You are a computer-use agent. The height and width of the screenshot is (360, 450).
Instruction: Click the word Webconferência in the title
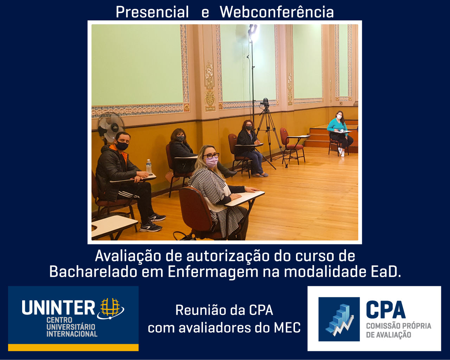pos(276,12)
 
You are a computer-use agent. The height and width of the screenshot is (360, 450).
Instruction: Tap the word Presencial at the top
pos(152,12)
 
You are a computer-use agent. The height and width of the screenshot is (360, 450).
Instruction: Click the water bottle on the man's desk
pos(149,166)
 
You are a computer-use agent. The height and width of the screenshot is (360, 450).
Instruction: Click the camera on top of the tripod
pos(265,103)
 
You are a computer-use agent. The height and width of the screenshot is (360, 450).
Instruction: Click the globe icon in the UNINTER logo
pos(111,309)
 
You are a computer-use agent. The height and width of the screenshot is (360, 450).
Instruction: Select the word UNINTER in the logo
pos(58,308)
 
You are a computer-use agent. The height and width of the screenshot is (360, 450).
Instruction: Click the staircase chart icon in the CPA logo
pos(339,319)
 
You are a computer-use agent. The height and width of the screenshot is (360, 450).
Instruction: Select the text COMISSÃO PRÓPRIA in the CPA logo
pos(399,326)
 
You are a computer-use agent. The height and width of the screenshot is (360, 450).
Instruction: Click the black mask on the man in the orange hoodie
pos(122,146)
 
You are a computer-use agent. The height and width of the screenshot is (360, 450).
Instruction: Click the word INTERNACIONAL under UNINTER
pos(72,334)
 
